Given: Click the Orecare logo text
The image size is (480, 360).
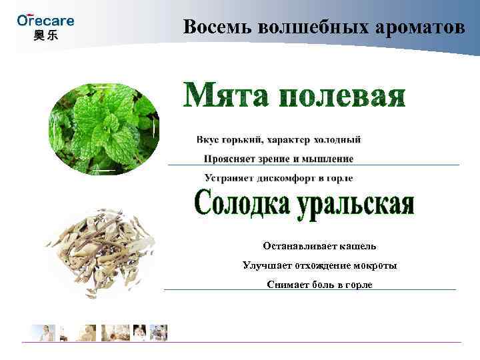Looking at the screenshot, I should (x=45, y=19).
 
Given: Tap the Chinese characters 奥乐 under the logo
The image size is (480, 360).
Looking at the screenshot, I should (x=45, y=35).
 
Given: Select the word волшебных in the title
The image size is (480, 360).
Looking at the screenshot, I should (x=309, y=27).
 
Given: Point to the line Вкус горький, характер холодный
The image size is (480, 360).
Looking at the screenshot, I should (x=279, y=139).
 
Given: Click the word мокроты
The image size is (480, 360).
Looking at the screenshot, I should (x=373, y=265).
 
